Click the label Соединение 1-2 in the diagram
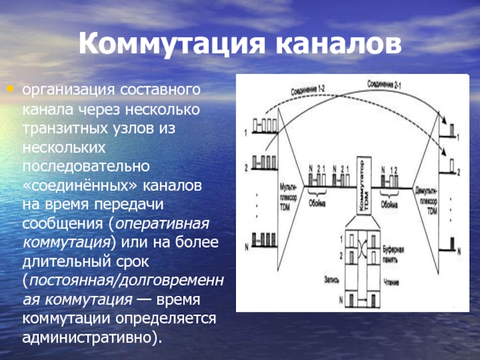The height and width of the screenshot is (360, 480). click(x=308, y=90)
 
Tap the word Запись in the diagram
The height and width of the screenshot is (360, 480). click(x=331, y=278)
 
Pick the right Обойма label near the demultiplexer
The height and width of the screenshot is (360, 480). click(x=389, y=204)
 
